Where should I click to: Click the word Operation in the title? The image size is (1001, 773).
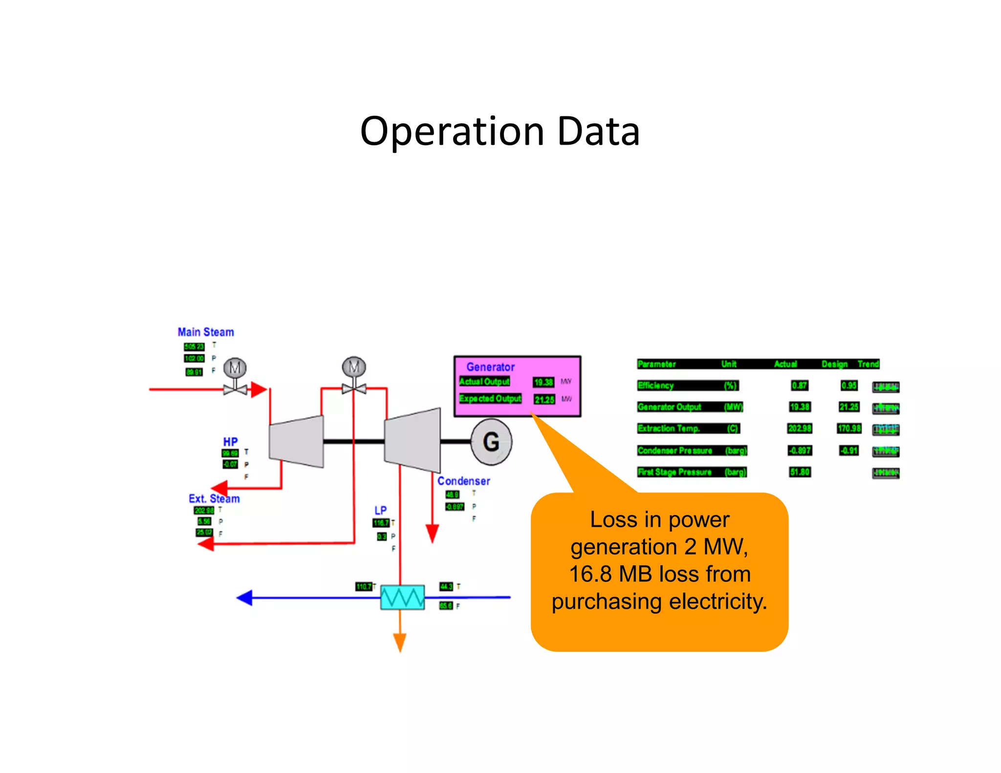[x=452, y=132]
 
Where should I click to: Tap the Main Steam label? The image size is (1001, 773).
[x=206, y=332]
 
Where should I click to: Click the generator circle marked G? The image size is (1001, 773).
[x=491, y=442]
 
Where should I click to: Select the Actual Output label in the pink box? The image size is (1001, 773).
[x=484, y=382]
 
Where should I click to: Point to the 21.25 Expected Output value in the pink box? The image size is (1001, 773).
[x=544, y=400]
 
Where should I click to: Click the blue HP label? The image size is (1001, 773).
[x=230, y=442]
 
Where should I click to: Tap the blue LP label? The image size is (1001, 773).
[x=380, y=510]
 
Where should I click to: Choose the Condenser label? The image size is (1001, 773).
[x=463, y=481]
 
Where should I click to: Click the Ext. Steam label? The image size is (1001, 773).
[x=214, y=499]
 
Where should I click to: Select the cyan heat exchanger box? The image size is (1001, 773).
[x=402, y=597]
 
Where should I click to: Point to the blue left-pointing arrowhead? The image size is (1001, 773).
[x=244, y=598]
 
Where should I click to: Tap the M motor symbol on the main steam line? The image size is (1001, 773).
[x=235, y=368]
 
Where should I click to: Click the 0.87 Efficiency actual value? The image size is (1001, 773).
[x=800, y=386]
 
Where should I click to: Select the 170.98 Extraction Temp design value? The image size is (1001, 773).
[x=849, y=429]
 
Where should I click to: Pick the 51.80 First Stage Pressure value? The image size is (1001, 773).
[x=800, y=472]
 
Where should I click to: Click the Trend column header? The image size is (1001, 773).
[x=868, y=364]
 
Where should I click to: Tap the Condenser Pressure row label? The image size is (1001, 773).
[x=675, y=451]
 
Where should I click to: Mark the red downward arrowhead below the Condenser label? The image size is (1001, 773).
[x=432, y=533]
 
